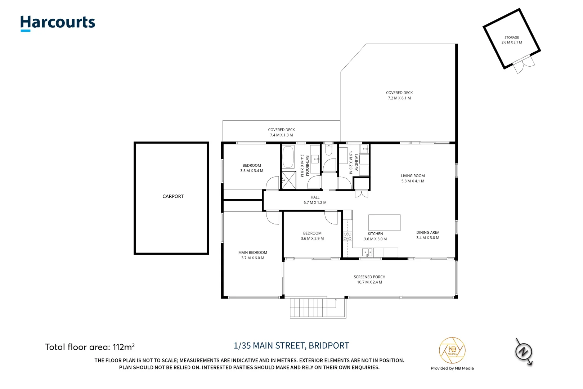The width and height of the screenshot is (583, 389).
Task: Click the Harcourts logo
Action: tap(58, 23)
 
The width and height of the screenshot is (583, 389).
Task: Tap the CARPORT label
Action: tap(173, 196)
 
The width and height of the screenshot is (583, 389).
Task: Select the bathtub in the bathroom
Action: tap(288, 157)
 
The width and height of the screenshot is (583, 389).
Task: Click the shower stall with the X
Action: tap(289, 180)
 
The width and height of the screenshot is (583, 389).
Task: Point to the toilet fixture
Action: tap(329, 150)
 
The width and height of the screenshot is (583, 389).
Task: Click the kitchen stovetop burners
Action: tap(347, 236)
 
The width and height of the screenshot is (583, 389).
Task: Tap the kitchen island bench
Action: tap(385, 223)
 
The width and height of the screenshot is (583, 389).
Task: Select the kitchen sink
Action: tap(367, 252)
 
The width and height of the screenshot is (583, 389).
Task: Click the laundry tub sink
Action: tap(364, 149)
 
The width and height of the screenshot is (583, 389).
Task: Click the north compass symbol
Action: tap(524, 352)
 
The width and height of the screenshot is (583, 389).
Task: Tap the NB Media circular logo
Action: tap(452, 350)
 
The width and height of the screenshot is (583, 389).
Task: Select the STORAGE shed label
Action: tap(512, 37)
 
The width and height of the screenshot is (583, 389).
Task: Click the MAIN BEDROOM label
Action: tap(253, 252)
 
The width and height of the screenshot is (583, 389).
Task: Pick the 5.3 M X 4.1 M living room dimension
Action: tap(413, 181)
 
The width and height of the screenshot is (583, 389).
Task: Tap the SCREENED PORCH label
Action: tap(369, 277)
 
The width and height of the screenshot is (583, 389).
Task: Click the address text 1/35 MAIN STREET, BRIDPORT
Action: tap(291, 345)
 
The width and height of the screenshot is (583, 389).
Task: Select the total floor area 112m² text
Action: tap(90, 347)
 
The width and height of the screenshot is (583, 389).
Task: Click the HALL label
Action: tap(315, 197)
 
